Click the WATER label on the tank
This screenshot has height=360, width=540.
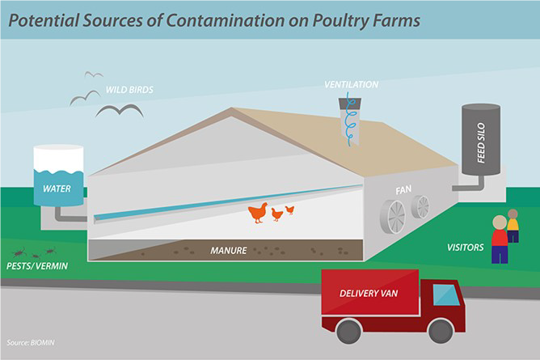point(57,188)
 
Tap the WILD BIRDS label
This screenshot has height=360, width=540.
point(129,90)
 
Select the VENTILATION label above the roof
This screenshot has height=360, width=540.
point(352,84)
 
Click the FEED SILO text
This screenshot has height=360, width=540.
point(481,142)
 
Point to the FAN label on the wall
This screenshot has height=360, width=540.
point(403,190)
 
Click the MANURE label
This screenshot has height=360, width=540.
point(229,251)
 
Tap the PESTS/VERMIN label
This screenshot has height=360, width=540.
point(37,266)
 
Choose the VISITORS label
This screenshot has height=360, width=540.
point(466,248)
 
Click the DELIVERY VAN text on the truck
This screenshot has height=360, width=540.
point(369,294)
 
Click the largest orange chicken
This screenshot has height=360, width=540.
point(258,213)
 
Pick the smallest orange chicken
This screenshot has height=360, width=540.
point(290,210)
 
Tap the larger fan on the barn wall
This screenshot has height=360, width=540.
point(393,216)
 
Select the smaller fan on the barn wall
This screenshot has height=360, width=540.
point(420,207)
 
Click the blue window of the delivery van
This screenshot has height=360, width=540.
point(446,295)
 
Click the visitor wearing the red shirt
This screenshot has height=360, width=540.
point(500,239)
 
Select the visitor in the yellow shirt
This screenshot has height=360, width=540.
point(513,225)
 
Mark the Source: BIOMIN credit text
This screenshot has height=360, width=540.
point(31,343)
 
